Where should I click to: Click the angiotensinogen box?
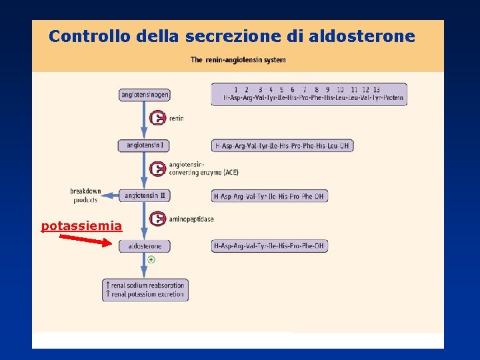tap(145, 95)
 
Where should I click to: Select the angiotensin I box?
tap(144, 145)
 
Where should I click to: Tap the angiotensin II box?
tap(145, 196)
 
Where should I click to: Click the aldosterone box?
tap(145, 246)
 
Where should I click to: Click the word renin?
tap(176, 119)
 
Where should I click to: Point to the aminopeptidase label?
tap(191, 219)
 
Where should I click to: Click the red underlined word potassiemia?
tap(81, 226)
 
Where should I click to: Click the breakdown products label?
tap(85, 195)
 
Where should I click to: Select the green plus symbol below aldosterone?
tap(151, 259)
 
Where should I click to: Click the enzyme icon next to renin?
tap(158, 119)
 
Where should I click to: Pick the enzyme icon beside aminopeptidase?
tap(158, 219)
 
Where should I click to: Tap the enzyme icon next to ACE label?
tap(158, 169)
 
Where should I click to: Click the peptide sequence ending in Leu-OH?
tap(282, 145)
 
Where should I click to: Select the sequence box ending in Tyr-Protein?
tap(309, 94)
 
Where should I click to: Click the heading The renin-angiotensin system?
tap(238, 60)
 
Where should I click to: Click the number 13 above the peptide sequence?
tap(376, 89)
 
